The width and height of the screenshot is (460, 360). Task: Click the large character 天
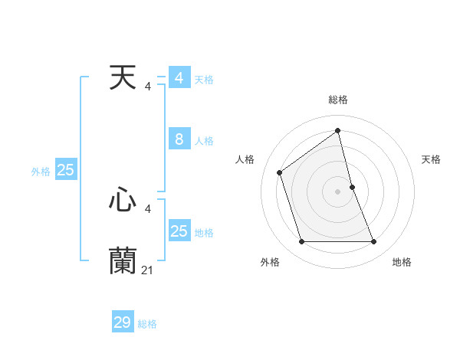123,77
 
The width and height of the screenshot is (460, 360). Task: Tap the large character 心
123,200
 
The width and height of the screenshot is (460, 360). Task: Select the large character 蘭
123,260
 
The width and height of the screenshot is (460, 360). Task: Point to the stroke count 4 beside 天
147,87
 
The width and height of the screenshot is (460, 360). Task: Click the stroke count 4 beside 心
147,208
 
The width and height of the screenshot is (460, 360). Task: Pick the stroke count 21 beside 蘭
147,270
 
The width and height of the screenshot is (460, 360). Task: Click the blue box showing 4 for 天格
179,78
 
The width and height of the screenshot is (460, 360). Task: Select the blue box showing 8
179,139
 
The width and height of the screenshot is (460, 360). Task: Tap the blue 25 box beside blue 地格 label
179,231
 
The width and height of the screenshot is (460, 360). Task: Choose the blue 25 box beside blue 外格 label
65,170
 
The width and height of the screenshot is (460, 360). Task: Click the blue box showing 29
122,322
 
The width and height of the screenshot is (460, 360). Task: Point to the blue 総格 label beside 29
147,324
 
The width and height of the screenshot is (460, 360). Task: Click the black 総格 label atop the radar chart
337,100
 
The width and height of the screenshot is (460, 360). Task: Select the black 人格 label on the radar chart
245,159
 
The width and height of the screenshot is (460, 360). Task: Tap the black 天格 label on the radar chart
431,159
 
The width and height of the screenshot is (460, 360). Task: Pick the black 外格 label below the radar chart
270,262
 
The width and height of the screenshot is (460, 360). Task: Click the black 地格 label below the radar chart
402,262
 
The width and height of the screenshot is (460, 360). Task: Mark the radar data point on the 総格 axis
337,130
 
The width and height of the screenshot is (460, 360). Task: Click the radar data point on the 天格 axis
352,187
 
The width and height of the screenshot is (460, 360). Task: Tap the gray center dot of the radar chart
337,191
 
